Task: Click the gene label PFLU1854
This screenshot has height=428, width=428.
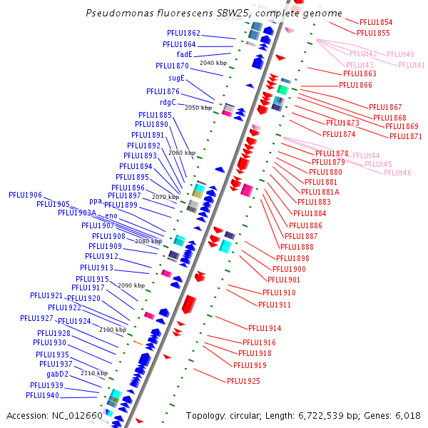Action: (375, 23)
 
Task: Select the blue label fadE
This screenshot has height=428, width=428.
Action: (184, 54)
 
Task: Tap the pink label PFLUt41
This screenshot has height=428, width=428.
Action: (411, 65)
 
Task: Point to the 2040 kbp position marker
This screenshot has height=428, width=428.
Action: (213, 63)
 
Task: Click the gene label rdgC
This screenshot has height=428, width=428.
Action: (168, 101)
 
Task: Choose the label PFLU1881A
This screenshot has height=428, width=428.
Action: (321, 192)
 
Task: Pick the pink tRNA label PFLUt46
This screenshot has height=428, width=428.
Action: (397, 173)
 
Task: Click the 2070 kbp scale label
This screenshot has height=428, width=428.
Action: (165, 197)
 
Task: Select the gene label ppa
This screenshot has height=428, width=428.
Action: (96, 201)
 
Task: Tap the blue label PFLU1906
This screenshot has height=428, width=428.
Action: (25, 195)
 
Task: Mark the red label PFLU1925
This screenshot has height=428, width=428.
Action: (243, 381)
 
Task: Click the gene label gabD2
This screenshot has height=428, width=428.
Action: (58, 374)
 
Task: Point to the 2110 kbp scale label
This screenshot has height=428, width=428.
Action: (94, 373)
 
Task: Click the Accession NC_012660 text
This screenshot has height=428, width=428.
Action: (54, 415)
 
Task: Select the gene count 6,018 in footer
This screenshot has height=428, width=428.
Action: (407, 415)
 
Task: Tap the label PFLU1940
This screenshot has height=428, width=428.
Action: (42, 395)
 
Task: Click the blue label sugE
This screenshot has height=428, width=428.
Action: (176, 78)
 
